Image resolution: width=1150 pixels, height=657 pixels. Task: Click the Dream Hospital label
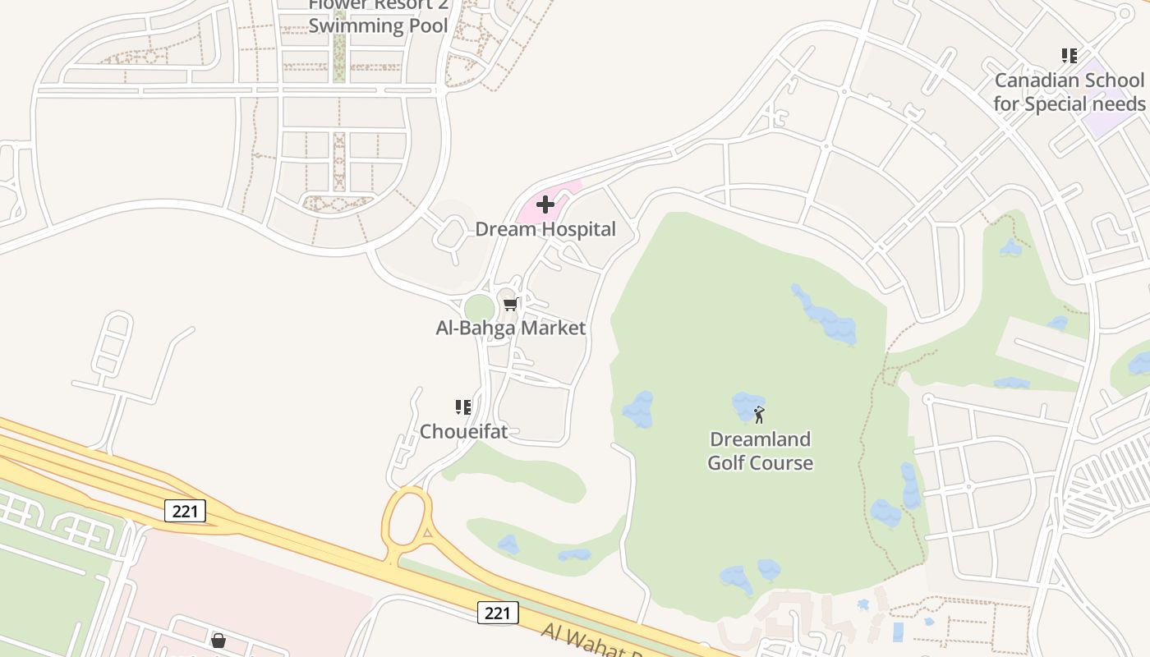(545, 229)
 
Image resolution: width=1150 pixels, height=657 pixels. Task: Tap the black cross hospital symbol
(545, 204)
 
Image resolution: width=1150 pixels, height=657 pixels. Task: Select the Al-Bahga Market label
(510, 328)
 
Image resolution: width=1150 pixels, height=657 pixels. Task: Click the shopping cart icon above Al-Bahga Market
(510, 305)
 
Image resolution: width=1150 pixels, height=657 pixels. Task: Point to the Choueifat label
(463, 430)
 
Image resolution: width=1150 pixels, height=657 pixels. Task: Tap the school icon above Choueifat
(463, 407)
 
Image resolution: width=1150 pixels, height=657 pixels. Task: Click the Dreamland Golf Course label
(760, 451)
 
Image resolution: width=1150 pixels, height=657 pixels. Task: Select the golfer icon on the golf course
(759, 414)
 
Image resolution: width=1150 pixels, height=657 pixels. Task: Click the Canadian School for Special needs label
(1069, 92)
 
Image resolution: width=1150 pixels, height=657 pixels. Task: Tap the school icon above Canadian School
(1069, 56)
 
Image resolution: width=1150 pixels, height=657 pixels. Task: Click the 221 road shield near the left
(186, 511)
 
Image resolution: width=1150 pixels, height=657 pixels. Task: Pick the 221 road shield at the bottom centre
(498, 612)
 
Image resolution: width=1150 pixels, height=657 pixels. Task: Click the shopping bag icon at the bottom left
(218, 640)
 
